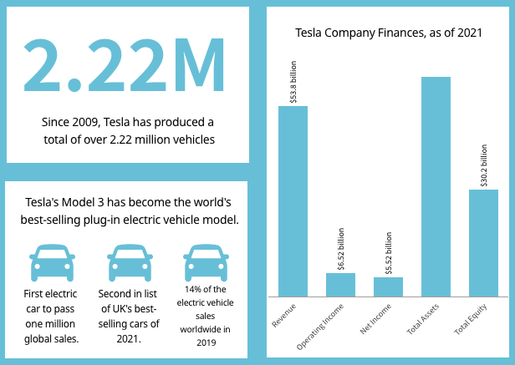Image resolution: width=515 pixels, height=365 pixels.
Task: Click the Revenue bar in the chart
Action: click(293, 201)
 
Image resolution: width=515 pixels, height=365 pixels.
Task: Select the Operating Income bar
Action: click(340, 285)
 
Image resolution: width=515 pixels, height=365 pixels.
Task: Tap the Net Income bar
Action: click(388, 286)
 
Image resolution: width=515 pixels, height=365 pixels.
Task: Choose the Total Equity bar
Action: click(483, 243)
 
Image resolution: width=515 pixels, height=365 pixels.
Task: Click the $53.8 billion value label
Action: click(293, 82)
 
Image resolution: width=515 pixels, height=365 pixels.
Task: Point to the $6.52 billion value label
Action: click(340, 249)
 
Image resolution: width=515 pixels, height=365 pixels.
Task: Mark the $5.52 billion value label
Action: click(388, 253)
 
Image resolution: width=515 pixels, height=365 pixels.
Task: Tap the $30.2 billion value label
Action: click(483, 165)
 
